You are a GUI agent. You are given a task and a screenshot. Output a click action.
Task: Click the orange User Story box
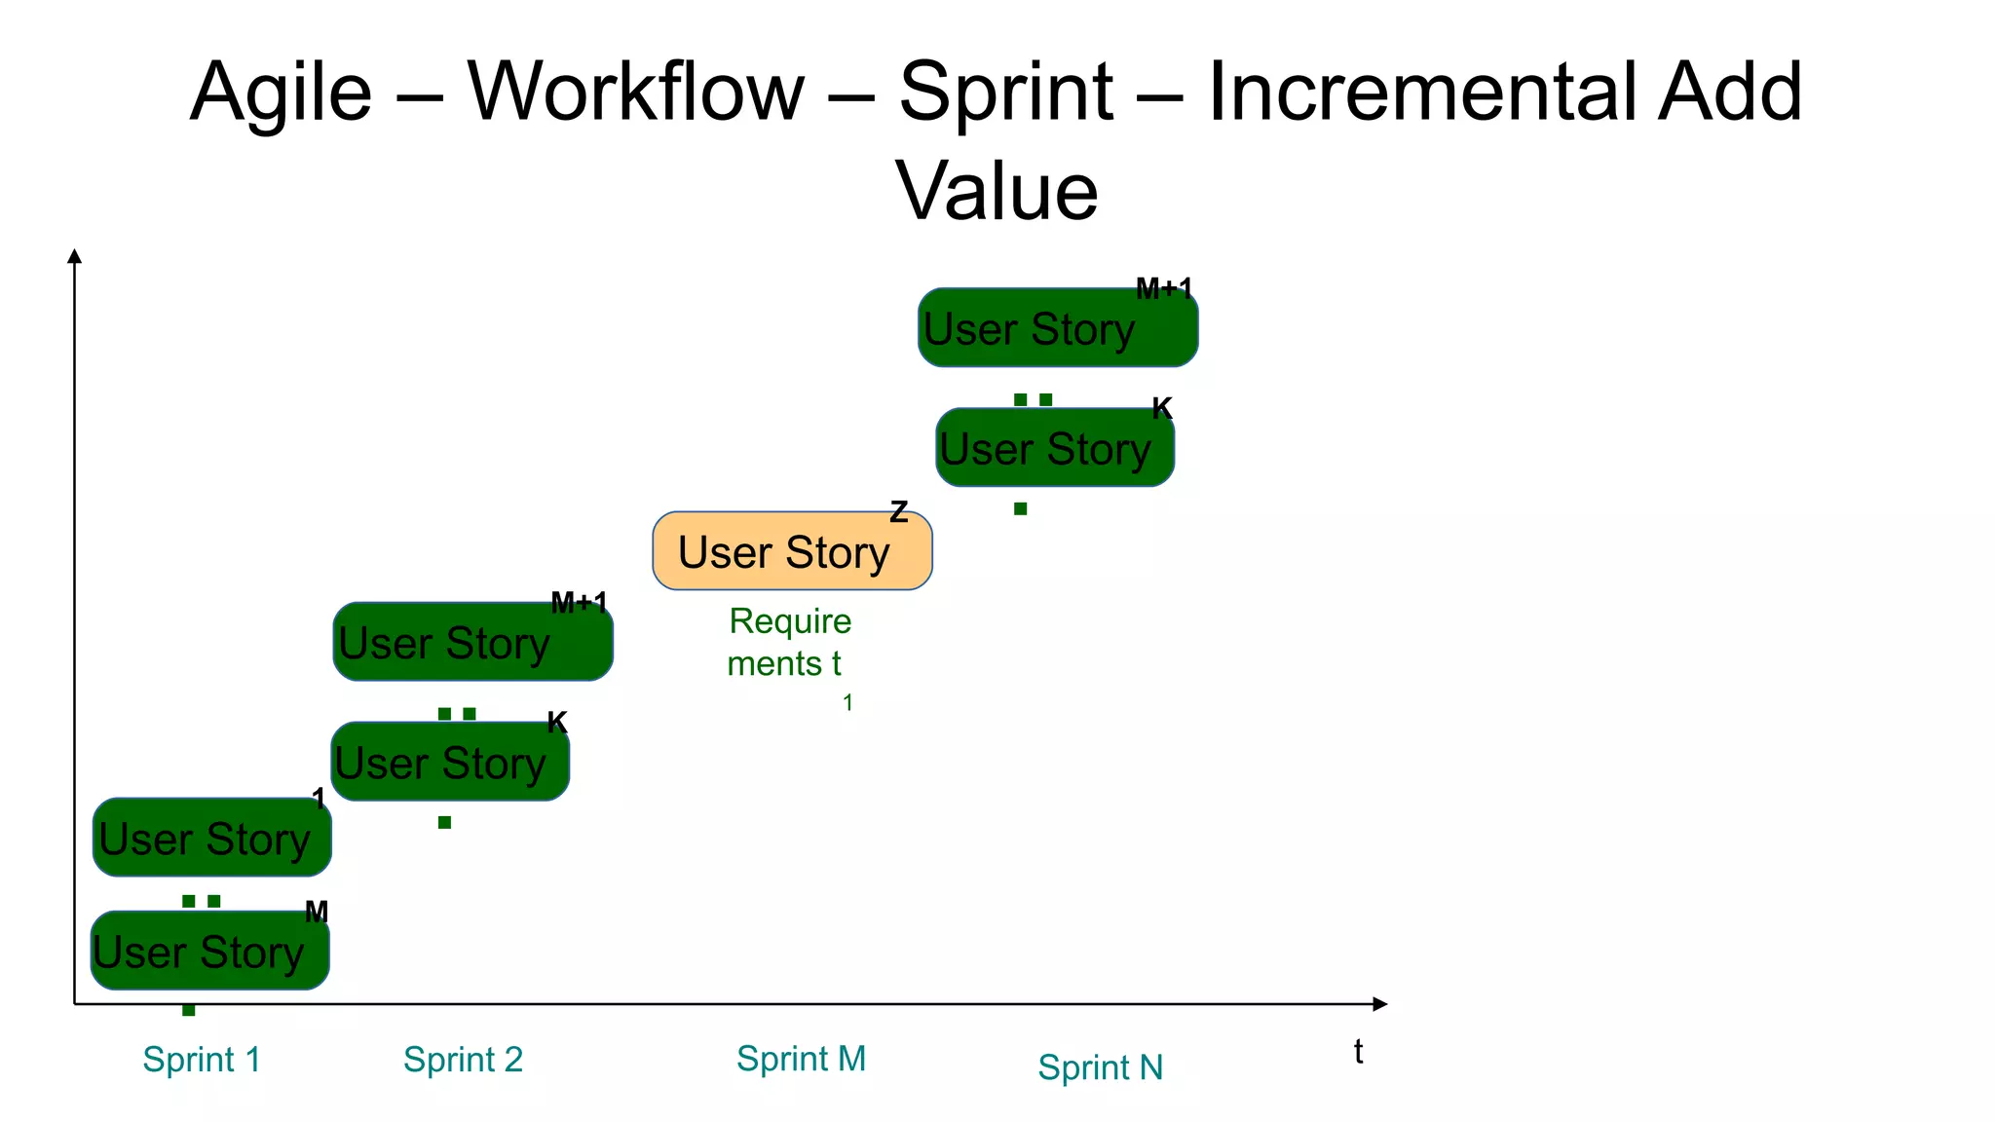(x=791, y=551)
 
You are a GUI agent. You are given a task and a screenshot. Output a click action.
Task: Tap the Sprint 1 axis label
(x=202, y=1059)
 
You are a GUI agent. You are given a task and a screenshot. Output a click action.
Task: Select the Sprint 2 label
(x=463, y=1059)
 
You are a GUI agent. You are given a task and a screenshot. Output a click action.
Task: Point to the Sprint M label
(x=801, y=1058)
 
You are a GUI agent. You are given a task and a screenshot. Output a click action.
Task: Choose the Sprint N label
(x=1100, y=1067)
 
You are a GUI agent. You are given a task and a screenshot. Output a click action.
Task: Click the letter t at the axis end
(x=1358, y=1052)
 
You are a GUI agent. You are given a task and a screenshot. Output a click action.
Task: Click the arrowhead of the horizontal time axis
(x=1378, y=1003)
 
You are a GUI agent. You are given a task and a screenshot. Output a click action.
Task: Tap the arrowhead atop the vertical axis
(x=74, y=256)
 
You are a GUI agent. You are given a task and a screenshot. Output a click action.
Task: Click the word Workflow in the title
(x=635, y=93)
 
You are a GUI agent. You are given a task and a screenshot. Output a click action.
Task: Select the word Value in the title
(x=997, y=191)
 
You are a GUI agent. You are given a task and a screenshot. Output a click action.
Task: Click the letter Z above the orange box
(x=898, y=511)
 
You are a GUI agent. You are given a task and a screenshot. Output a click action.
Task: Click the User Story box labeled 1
(x=211, y=838)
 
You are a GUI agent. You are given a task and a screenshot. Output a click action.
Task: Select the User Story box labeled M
(x=209, y=951)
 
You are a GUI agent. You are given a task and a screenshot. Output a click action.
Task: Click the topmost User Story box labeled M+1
(x=1057, y=328)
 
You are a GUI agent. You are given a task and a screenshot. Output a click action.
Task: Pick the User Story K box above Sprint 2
(x=449, y=762)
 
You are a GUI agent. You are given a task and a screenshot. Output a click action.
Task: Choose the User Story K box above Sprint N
(x=1054, y=448)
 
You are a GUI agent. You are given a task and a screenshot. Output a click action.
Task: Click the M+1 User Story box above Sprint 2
(x=472, y=642)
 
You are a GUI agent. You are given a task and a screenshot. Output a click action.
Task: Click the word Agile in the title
(x=281, y=93)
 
